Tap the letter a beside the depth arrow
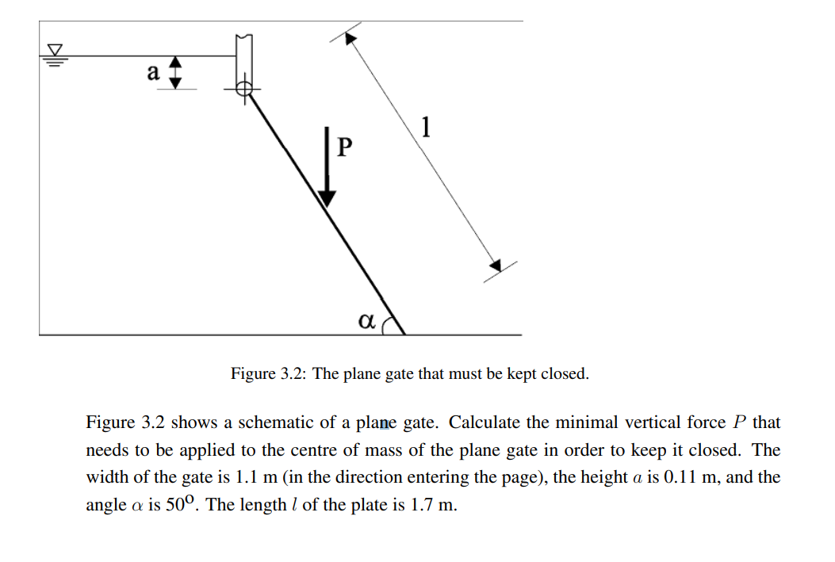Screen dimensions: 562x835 tap(154, 72)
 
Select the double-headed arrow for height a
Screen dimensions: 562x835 tap(177, 72)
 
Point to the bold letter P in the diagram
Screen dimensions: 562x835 tap(344, 147)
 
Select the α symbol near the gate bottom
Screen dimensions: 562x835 tap(366, 321)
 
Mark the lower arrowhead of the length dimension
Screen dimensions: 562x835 tap(495, 265)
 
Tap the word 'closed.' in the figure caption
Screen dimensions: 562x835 tap(565, 373)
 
